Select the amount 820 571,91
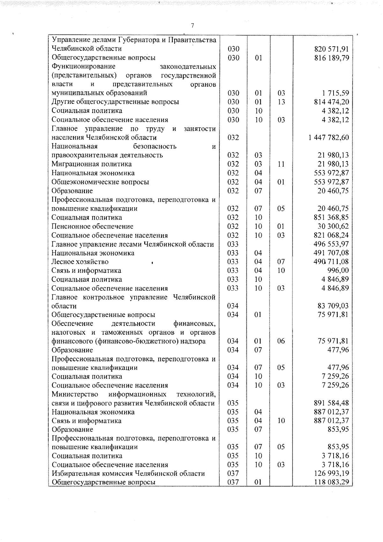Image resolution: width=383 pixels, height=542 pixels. click(331, 49)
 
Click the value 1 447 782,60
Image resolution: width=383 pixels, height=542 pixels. click(329, 138)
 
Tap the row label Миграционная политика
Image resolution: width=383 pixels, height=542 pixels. click(92, 164)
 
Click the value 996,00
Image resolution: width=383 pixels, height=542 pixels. click(338, 270)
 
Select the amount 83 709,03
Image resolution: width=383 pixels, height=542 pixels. click(333, 306)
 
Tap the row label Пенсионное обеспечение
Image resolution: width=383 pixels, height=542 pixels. click(93, 226)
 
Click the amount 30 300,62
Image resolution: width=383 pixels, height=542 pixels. click(333, 226)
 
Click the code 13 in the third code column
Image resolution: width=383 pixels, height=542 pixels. click(281, 102)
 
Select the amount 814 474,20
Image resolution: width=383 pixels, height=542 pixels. click(331, 102)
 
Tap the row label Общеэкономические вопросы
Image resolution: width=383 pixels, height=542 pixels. click(100, 182)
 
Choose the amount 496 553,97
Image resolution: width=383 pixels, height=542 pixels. click(331, 244)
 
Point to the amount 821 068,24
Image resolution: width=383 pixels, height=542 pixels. click(331, 235)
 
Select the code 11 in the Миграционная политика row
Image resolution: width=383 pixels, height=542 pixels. click(281, 164)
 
